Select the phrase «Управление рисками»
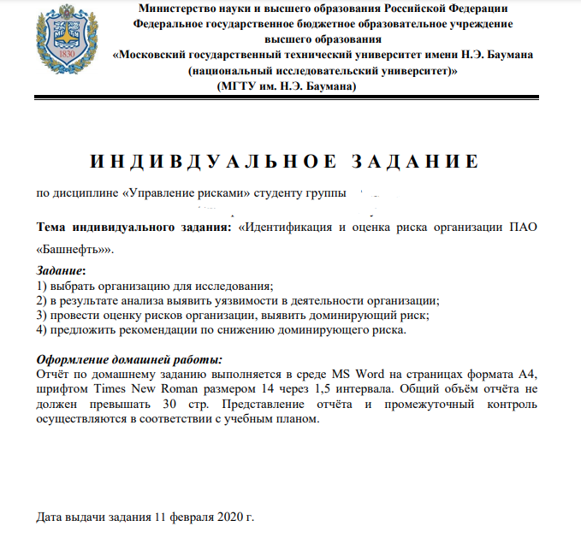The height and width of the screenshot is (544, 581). tap(187, 192)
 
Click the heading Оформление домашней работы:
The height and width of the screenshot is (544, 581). tap(129, 359)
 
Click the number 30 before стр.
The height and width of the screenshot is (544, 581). tap(170, 403)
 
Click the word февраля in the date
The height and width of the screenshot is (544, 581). tap(189, 517)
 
